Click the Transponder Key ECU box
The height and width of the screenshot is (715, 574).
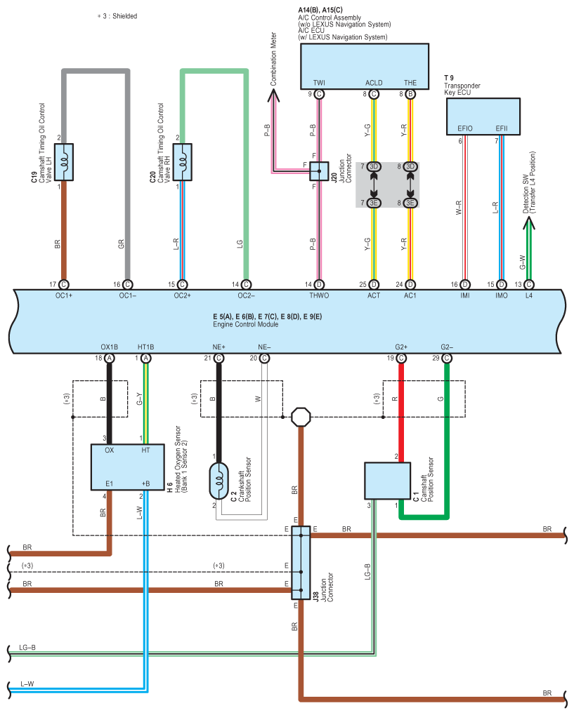(483, 116)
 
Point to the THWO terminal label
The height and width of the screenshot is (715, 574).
(319, 296)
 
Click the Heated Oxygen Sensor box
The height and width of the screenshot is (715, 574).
(127, 467)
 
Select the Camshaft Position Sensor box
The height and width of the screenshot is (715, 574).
(386, 480)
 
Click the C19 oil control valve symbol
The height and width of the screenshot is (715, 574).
(64, 161)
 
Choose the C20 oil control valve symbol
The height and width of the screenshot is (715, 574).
(183, 161)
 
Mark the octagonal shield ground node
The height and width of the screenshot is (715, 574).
(301, 417)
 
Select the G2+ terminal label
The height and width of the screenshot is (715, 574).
(400, 347)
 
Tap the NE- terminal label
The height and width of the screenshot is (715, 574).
(263, 347)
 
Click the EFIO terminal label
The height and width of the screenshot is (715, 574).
(464, 128)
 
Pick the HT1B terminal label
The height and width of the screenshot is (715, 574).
(145, 347)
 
